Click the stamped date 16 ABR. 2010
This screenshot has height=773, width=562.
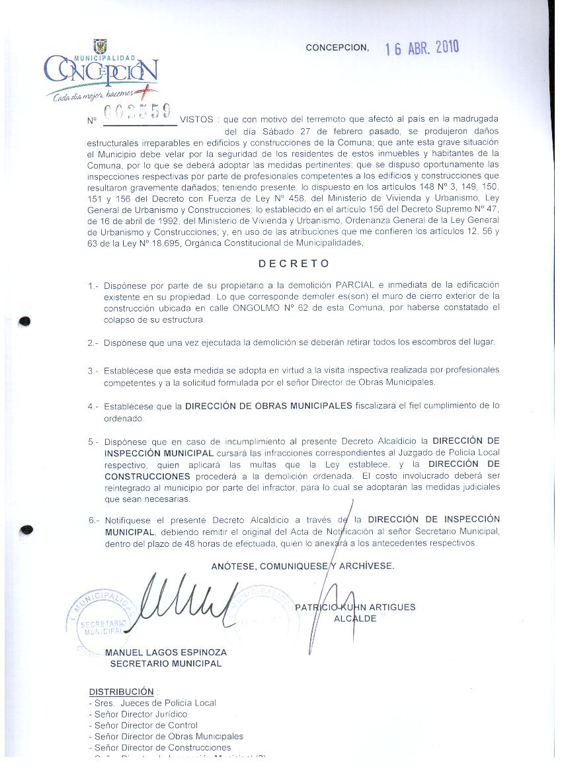[422, 48]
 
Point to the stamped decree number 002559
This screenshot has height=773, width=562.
[140, 111]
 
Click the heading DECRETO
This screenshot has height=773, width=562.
[294, 263]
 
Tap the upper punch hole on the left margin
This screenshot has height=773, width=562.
[26, 321]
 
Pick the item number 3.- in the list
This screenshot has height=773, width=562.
[93, 371]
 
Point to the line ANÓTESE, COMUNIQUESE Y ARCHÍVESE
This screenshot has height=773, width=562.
[302, 566]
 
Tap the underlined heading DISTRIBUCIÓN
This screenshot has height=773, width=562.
[121, 692]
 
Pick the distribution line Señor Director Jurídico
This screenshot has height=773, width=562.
[140, 714]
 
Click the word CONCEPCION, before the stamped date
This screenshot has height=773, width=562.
[337, 48]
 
